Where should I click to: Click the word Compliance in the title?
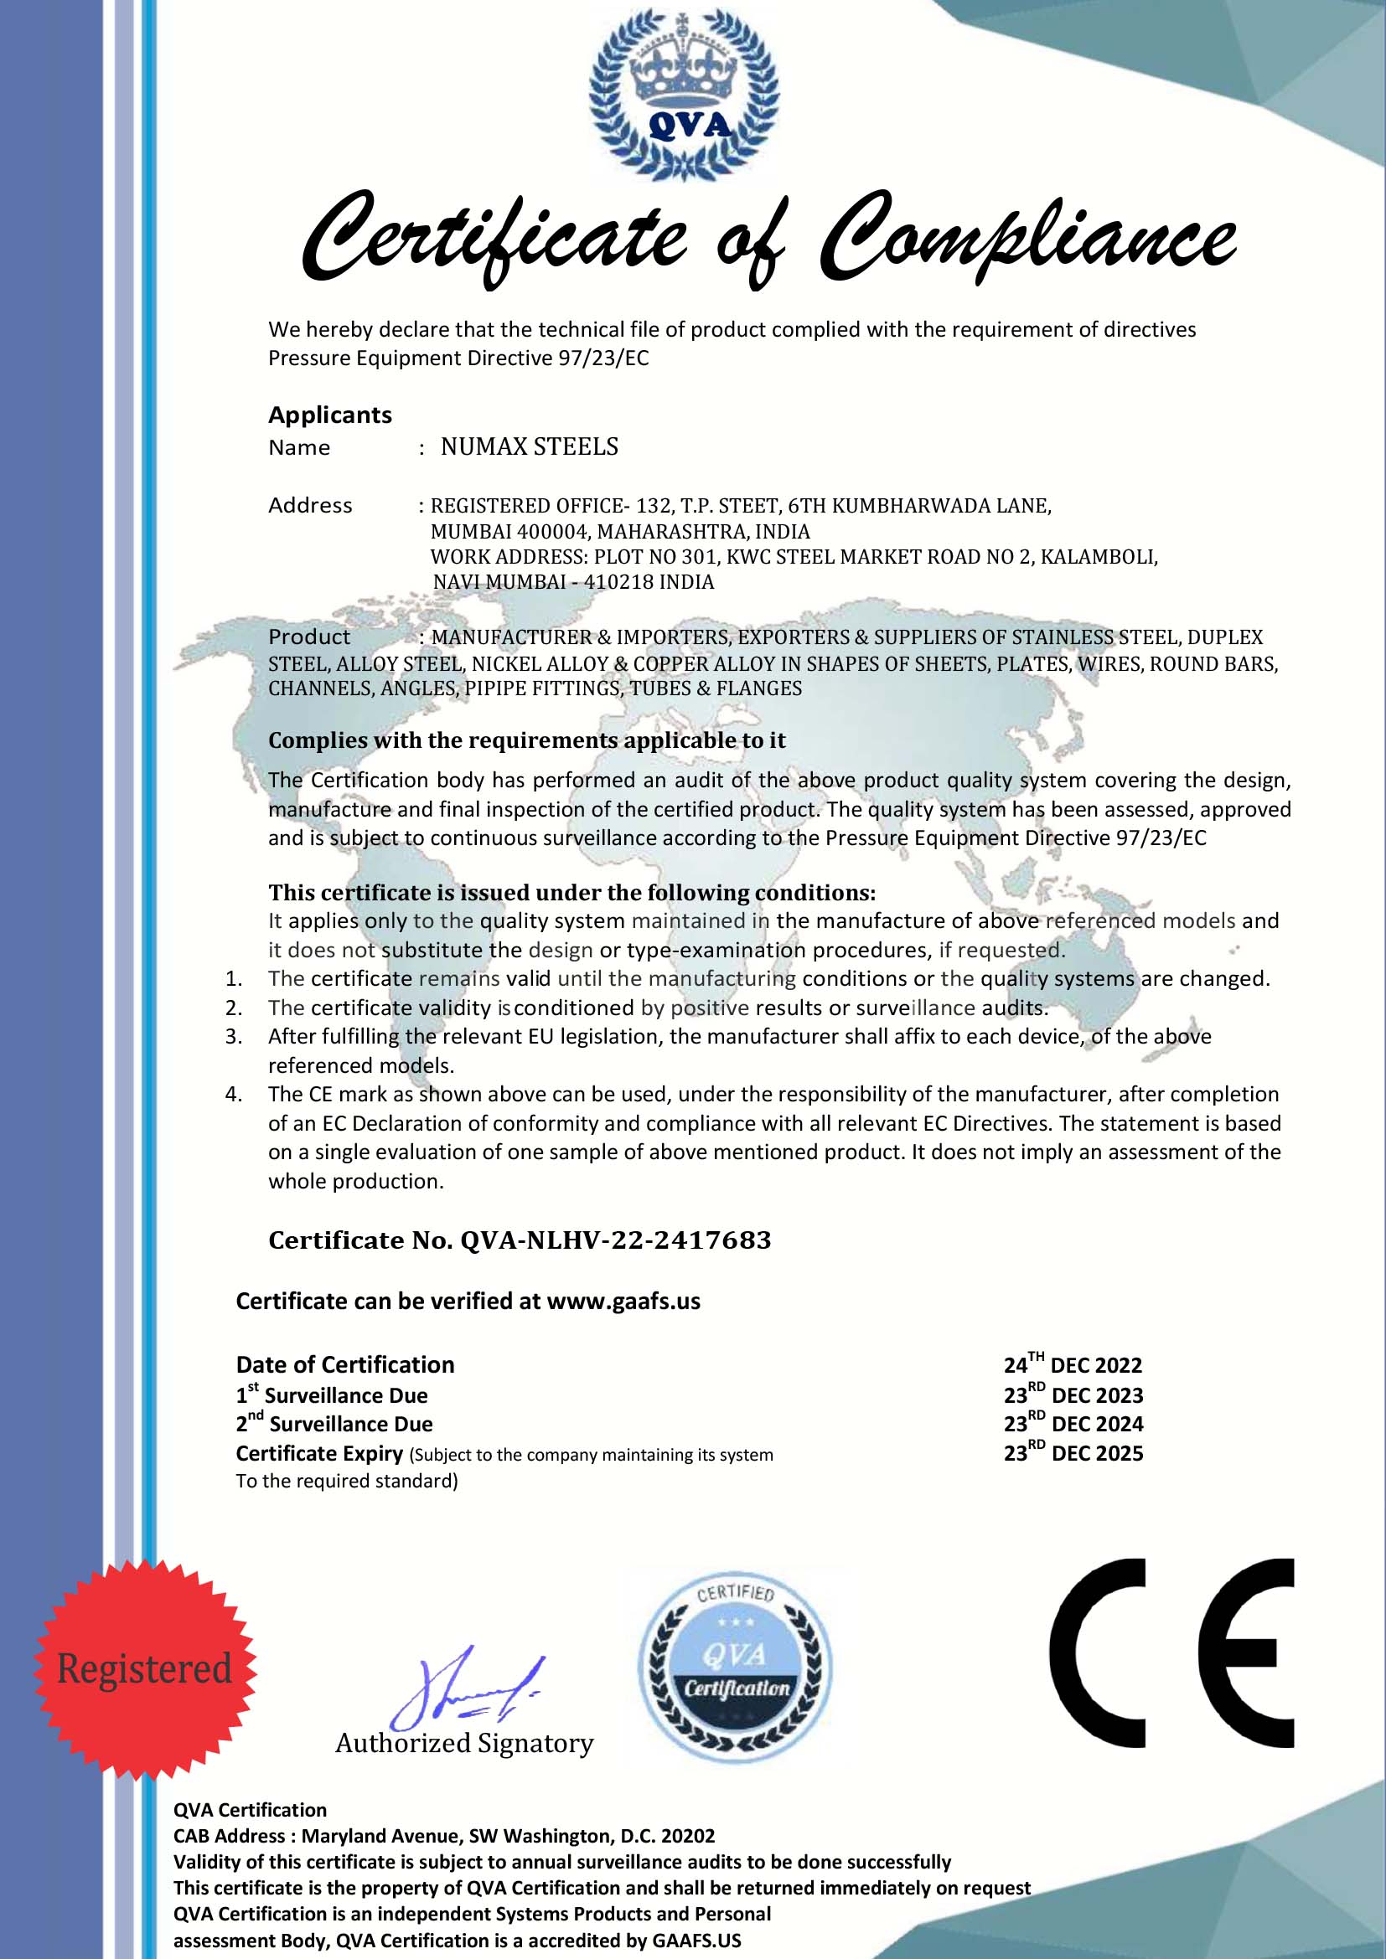pos(1027,238)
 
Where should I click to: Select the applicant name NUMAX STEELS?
pos(529,447)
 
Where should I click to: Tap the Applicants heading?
pos(329,415)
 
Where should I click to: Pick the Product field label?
pos(309,637)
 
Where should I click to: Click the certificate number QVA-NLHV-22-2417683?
pos(614,1240)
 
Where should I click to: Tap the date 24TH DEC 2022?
pos(1072,1365)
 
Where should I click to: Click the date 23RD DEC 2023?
pos(1073,1395)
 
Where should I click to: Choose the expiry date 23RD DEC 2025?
pos(1073,1453)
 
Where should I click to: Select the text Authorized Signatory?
pos(464,1743)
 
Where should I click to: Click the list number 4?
pos(234,1095)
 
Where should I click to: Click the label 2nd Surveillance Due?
pos(334,1424)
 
